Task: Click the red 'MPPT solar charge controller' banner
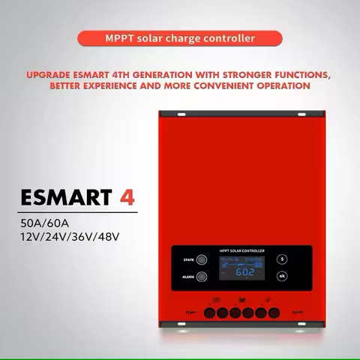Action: [179, 37]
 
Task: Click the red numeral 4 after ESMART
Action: [127, 197]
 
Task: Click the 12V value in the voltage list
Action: [32, 237]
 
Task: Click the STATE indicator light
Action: [202, 259]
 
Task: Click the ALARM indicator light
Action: [202, 276]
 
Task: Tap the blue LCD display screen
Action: [240, 266]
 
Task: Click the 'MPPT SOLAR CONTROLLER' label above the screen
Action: [240, 250]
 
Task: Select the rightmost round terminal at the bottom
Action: [268, 311]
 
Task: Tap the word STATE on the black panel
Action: [188, 259]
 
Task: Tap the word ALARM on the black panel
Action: [187, 276]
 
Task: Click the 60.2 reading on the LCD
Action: [244, 272]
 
